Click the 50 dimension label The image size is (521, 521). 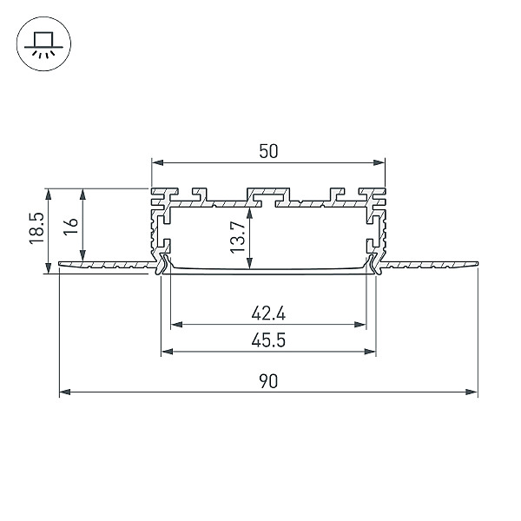268,151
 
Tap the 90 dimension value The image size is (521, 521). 268,381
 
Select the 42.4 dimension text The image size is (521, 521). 268,313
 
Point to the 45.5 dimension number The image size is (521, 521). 268,340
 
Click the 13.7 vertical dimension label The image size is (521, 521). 238,237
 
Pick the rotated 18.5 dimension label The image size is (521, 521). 36,228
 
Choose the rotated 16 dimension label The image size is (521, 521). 71,227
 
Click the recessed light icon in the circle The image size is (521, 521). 44,44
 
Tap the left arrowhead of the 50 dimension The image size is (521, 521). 157,162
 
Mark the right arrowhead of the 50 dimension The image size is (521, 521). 379,162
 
